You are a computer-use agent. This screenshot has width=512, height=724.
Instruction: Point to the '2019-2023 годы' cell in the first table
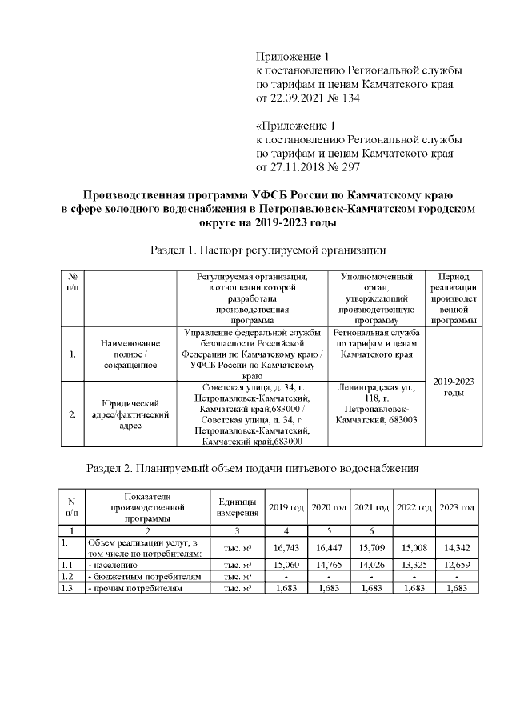(x=454, y=386)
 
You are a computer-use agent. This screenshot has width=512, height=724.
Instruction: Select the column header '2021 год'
(x=371, y=508)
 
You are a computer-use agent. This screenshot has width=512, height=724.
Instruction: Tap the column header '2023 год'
(x=457, y=508)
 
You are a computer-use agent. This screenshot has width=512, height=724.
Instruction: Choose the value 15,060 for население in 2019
(x=286, y=565)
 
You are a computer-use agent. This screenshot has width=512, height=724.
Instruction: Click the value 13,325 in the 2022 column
(x=414, y=565)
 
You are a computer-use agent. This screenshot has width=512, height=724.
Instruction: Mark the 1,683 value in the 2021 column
(x=371, y=588)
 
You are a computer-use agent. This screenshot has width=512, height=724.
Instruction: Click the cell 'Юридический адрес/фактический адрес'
(x=130, y=414)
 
